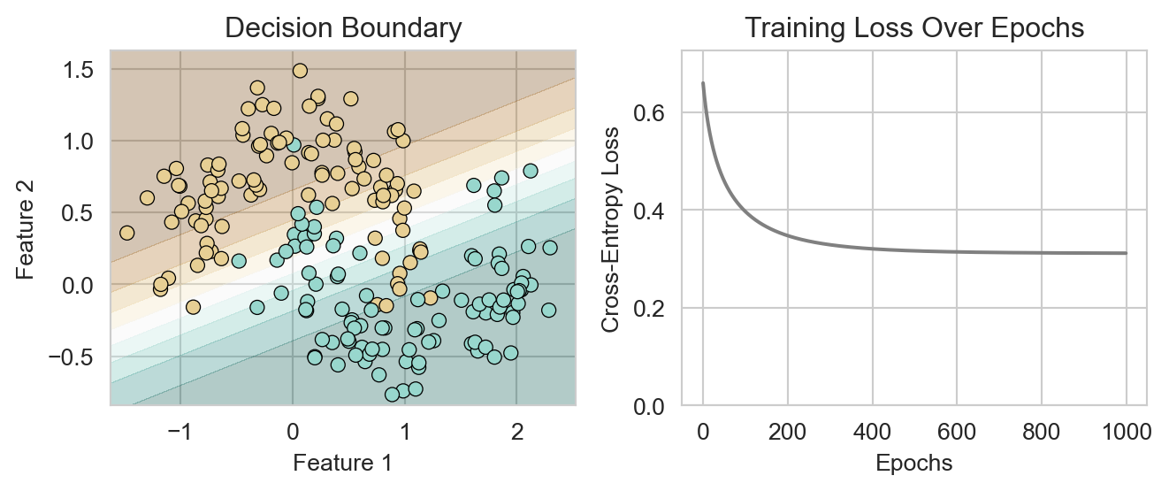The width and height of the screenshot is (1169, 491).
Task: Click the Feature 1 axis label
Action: [x=342, y=463]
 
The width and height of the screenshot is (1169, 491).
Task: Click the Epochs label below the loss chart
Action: [x=913, y=463]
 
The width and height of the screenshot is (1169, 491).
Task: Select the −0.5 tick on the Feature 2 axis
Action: [x=74, y=357]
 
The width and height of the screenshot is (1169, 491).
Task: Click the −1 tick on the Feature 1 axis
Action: [x=180, y=433]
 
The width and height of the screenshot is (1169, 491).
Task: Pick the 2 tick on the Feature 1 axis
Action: [x=517, y=433]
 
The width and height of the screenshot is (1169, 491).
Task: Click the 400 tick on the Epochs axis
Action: [x=872, y=433]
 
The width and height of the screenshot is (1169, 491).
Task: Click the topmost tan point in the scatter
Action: [x=300, y=71]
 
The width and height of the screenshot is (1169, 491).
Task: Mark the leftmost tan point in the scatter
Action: [x=127, y=233]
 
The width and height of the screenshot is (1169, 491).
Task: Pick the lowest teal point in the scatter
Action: [x=392, y=395]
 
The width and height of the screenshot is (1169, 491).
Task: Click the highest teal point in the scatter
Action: [x=294, y=145]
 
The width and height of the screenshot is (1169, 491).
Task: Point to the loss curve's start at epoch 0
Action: [x=703, y=83]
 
